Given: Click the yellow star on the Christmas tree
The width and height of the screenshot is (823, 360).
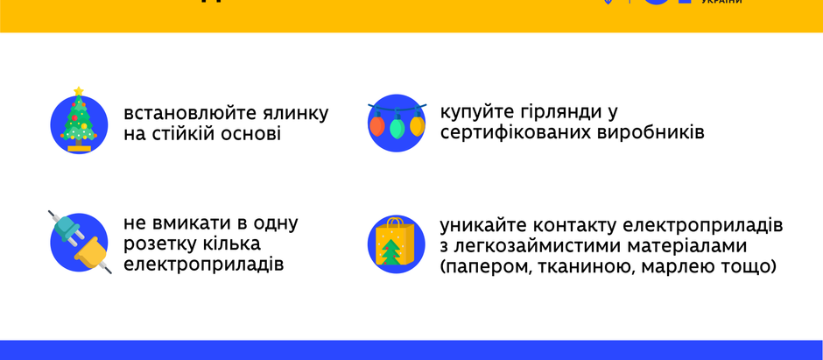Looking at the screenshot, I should (79, 91).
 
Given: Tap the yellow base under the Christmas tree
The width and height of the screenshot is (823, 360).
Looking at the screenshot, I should (79, 147).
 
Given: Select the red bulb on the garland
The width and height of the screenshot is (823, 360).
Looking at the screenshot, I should (377, 125).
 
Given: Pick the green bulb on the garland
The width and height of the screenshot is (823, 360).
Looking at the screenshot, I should (397, 129).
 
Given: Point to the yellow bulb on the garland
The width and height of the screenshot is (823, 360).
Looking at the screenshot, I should (417, 125).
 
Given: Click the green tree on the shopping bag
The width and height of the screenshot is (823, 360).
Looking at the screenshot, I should (390, 251).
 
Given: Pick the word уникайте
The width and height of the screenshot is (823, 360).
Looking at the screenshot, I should (484, 223).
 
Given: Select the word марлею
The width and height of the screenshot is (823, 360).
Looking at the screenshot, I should (681, 266).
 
